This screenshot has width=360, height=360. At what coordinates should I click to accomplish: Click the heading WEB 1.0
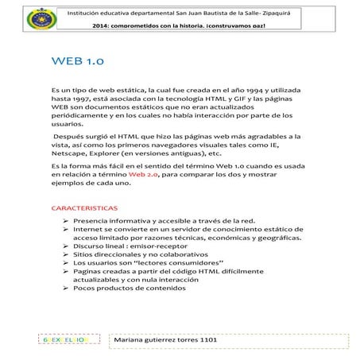coord(77,60)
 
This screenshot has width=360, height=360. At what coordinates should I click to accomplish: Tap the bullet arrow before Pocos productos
coord(65,290)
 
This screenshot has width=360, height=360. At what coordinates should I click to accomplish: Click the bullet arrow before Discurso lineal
coord(65,246)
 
